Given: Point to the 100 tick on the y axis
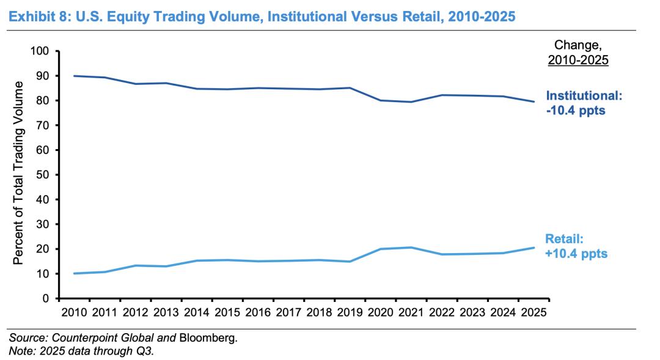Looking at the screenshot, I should (x=40, y=51).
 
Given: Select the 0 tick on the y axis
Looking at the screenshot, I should (x=46, y=298).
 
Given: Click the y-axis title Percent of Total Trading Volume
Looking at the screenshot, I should (x=18, y=173).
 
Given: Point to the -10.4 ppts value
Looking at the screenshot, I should (x=575, y=111).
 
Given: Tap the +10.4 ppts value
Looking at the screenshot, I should (x=577, y=254).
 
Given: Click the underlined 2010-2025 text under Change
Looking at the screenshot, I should (x=578, y=60).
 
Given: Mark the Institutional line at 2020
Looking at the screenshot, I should (x=380, y=100).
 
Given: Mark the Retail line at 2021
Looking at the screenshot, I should (x=411, y=248).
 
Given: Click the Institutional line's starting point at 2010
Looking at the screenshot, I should (x=74, y=76).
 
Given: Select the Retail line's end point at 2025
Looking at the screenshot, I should (x=533, y=248).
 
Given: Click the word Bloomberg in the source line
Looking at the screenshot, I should (x=207, y=337).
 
